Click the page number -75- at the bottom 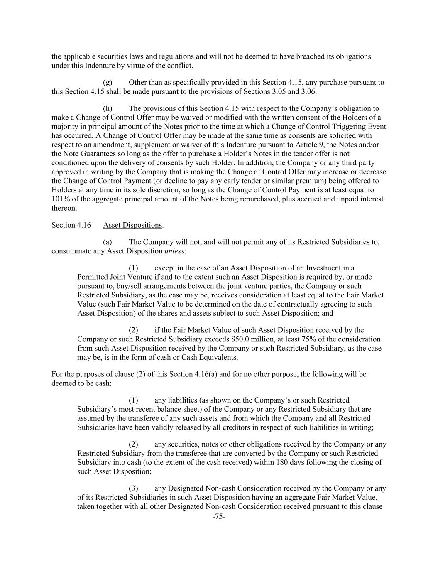click(219, 517)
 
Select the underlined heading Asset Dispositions click(132, 225)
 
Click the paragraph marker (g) click(107, 82)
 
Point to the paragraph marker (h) click(107, 108)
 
